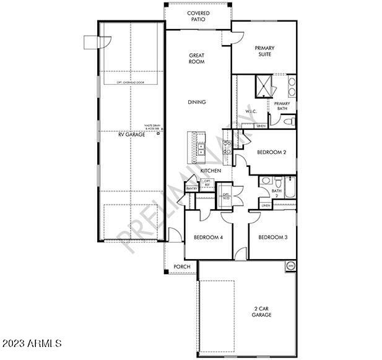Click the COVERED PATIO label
tap(198, 16)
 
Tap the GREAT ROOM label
tap(197, 58)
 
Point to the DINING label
tap(197, 103)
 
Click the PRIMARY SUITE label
tap(265, 51)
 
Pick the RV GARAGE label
tap(132, 134)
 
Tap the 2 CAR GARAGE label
tap(261, 311)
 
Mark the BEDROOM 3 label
tap(273, 238)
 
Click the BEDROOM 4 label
tap(208, 238)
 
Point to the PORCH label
tap(182, 267)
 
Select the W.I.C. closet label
tap(251, 112)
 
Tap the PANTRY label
tap(191, 188)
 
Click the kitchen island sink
tap(201, 149)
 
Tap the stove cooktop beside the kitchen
tap(227, 147)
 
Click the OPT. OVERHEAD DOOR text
tap(131, 82)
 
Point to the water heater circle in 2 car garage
tap(290, 266)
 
